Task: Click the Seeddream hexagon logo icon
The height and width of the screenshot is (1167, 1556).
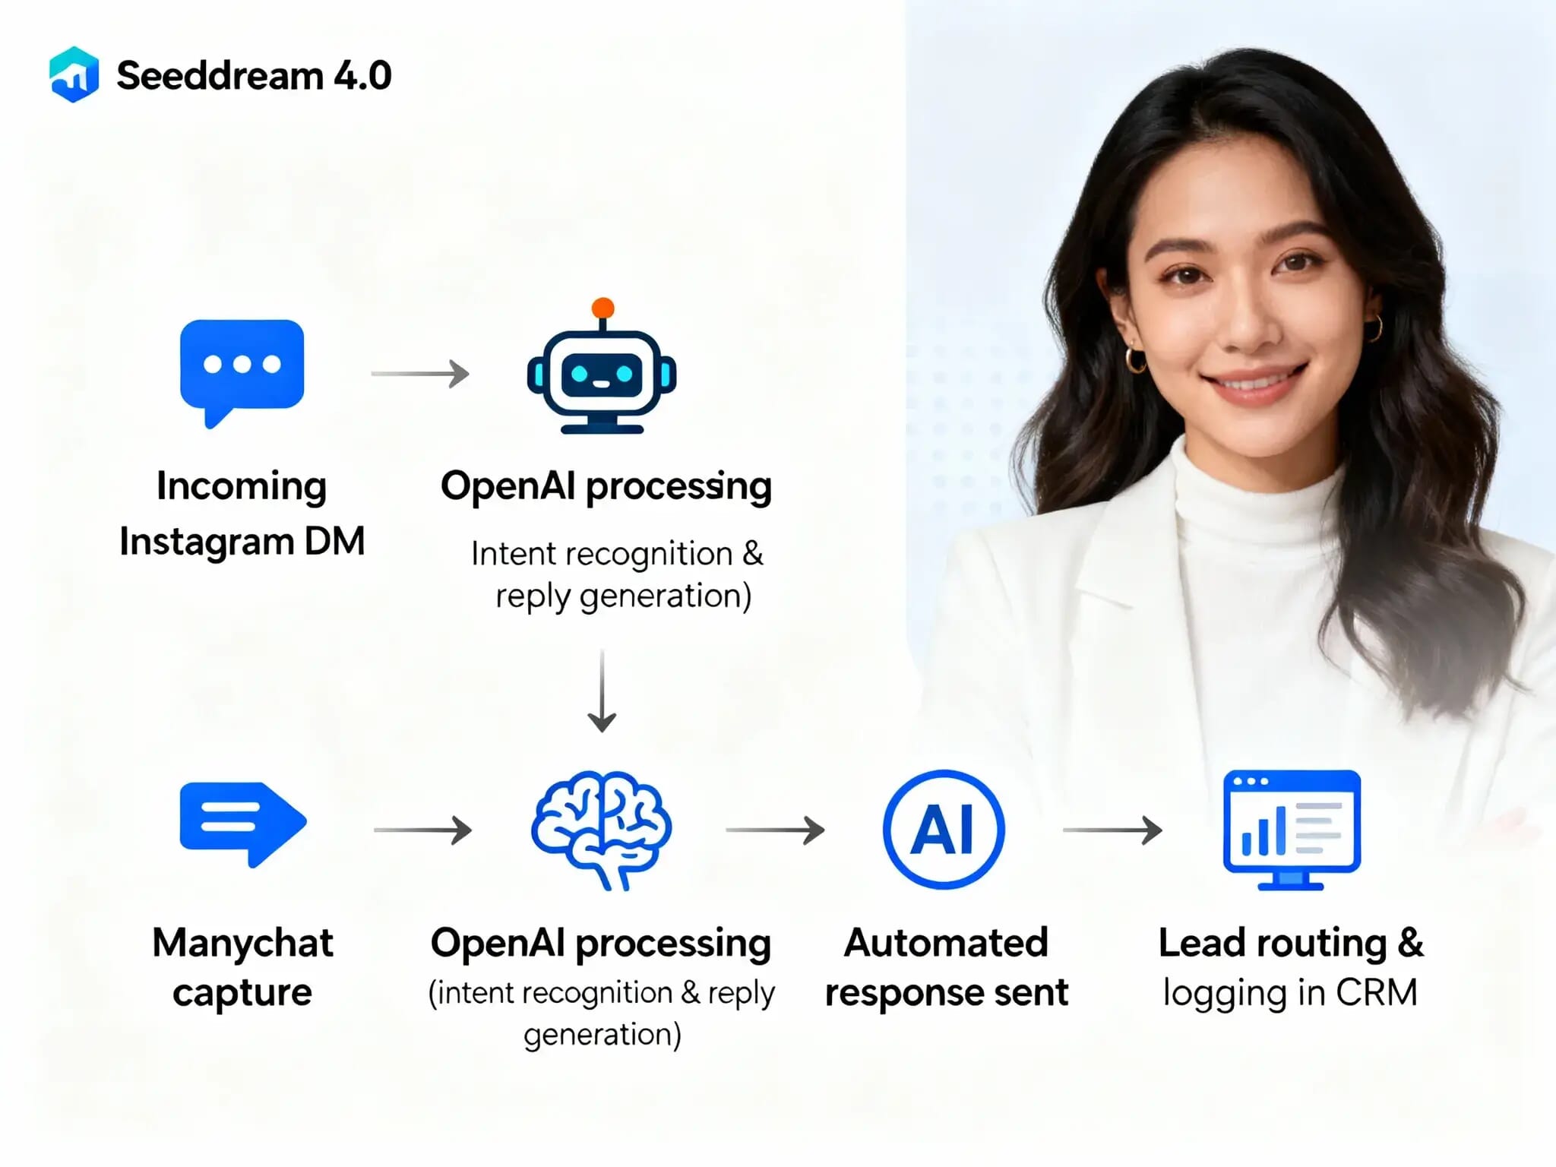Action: click(74, 74)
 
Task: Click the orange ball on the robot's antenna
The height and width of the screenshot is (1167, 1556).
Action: click(603, 308)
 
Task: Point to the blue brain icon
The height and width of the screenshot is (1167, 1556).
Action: click(601, 829)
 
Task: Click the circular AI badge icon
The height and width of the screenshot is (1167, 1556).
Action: click(944, 829)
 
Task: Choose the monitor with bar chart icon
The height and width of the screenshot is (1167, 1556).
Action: click(1291, 829)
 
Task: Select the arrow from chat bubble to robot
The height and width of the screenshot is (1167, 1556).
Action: click(420, 374)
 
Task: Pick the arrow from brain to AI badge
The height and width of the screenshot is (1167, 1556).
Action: click(775, 830)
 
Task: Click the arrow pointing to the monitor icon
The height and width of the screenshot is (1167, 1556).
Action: click(1112, 830)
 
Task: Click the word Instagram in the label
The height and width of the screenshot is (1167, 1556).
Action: click(207, 542)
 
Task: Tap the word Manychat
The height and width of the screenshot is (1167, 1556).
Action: click(242, 943)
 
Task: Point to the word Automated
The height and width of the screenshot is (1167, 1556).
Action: click(946, 943)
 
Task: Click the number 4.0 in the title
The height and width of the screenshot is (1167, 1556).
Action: click(362, 76)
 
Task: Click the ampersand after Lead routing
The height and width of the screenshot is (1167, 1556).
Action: click(1410, 943)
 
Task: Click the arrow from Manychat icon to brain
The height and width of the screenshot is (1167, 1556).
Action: click(422, 830)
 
